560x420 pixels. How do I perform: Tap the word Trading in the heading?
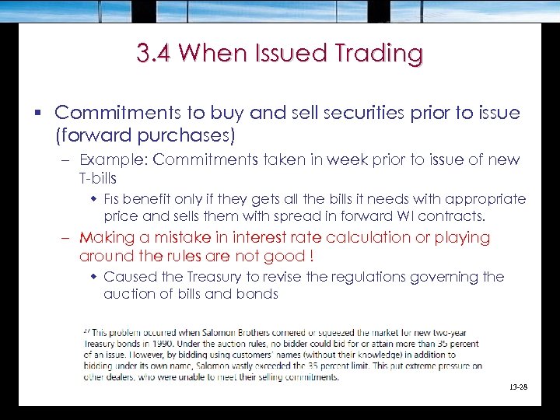379,54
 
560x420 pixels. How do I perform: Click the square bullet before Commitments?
39,114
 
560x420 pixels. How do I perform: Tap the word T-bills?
98,177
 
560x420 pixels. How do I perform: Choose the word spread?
299,215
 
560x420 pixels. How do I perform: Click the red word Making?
108,237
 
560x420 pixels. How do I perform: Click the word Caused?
128,277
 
